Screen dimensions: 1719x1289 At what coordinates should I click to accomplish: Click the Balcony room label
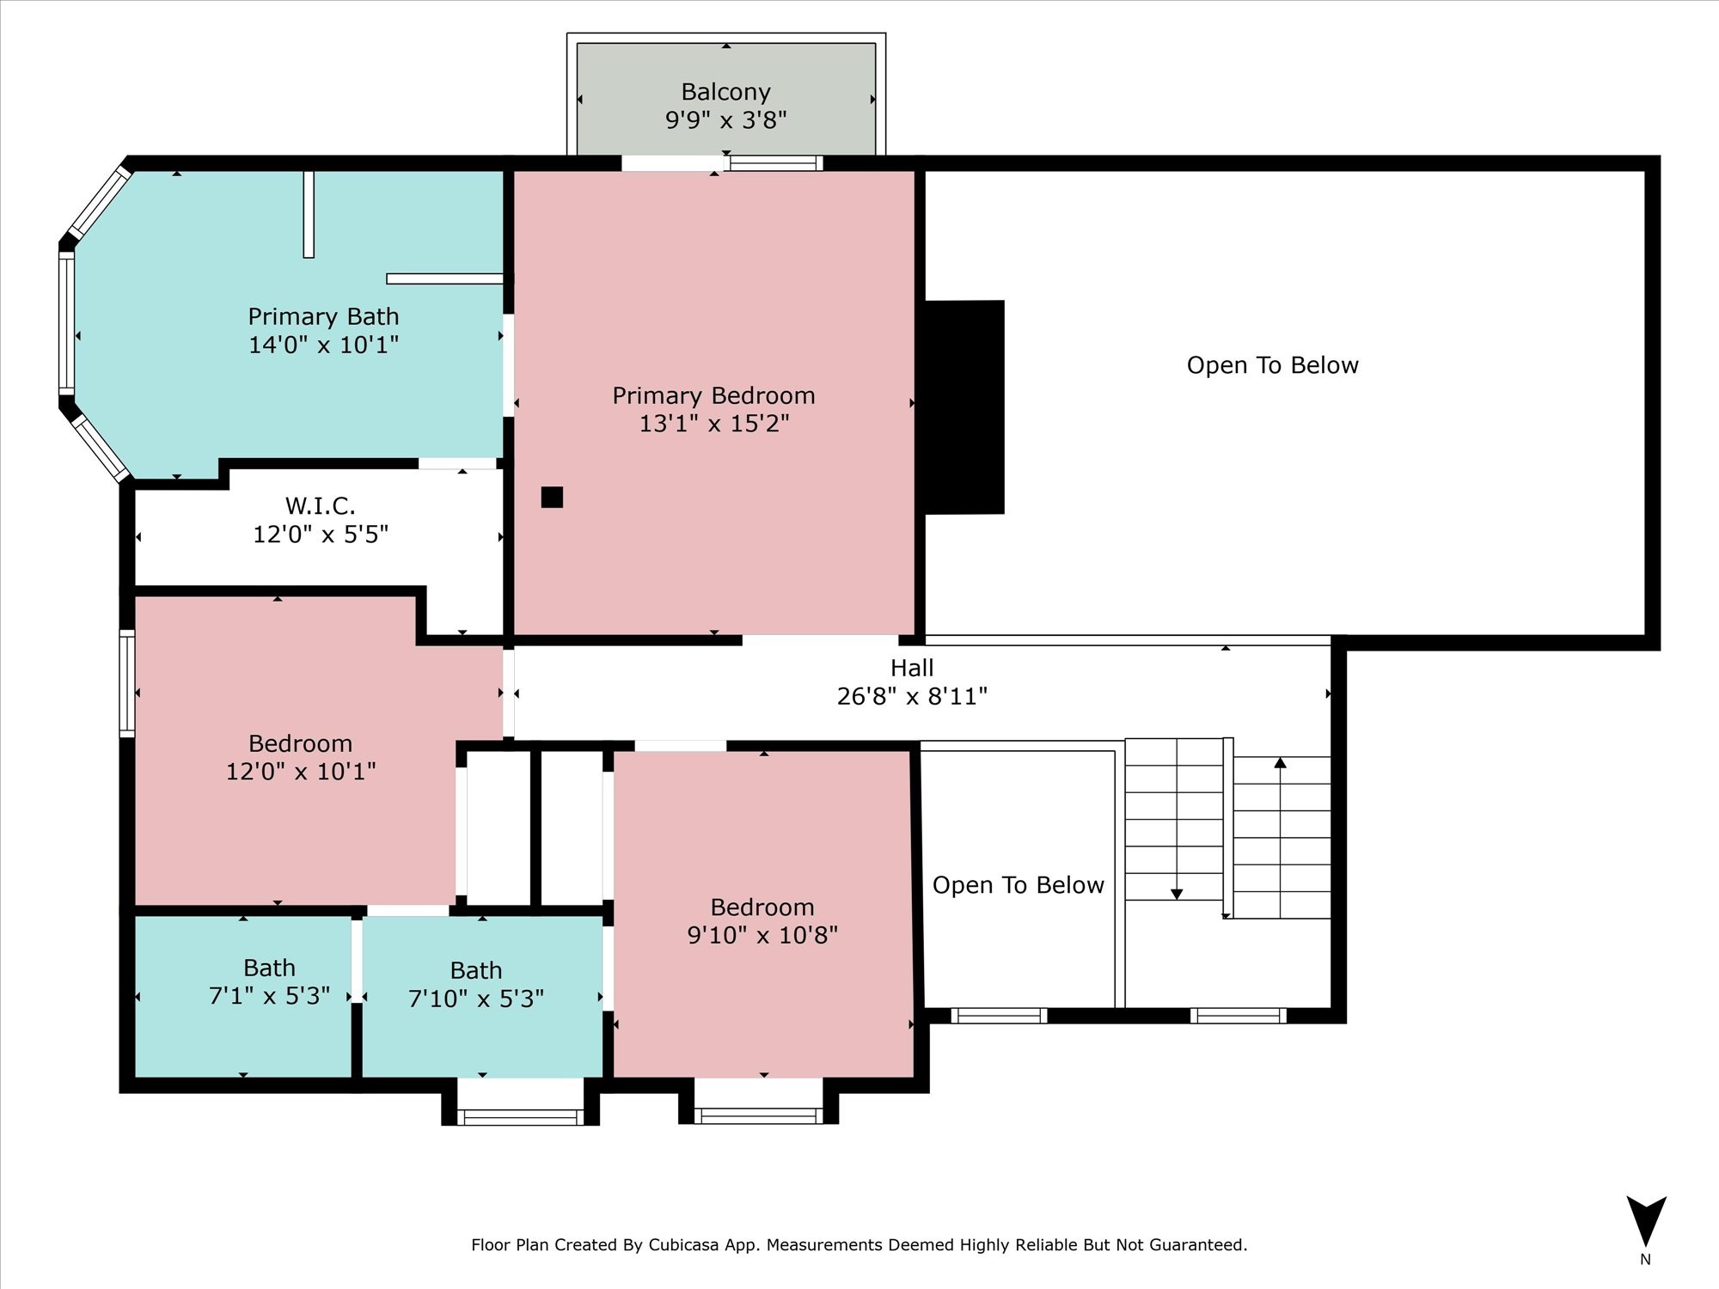coord(725,92)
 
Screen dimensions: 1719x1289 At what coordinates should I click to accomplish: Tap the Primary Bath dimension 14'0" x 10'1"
coord(323,345)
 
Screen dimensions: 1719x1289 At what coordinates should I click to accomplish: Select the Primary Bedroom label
coord(713,396)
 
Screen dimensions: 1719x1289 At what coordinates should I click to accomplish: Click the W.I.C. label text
coord(320,505)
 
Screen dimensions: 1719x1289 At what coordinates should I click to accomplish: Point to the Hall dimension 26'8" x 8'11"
coord(912,696)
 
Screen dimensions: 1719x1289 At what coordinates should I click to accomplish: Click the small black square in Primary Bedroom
coord(552,497)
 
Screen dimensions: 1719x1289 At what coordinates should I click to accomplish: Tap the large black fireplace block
coord(963,407)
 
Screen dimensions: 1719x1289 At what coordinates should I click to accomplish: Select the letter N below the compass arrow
coord(1645,1260)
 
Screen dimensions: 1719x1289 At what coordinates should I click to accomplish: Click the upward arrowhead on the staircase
coord(1280,763)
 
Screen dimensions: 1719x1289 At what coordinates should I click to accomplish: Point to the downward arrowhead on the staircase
coord(1177,894)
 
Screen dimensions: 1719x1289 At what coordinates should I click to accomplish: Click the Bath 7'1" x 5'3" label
coord(269,982)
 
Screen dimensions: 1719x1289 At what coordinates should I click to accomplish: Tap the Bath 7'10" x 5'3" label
coord(476,985)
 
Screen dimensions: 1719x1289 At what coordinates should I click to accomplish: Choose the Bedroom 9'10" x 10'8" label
coord(762,921)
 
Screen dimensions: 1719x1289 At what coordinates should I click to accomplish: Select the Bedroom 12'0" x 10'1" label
coord(300,757)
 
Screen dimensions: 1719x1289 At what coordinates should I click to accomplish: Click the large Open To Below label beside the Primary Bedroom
coord(1272,365)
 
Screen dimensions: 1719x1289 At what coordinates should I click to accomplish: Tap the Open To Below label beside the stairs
coord(1018,885)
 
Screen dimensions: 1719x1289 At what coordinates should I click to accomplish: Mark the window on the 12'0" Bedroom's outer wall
coord(127,683)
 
